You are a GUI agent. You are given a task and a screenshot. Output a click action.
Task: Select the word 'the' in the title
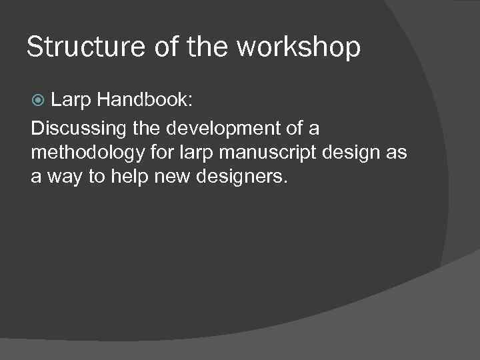[212, 47]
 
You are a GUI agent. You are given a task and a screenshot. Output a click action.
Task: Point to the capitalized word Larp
[71, 101]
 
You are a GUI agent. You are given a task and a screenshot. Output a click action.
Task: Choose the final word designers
[239, 178]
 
